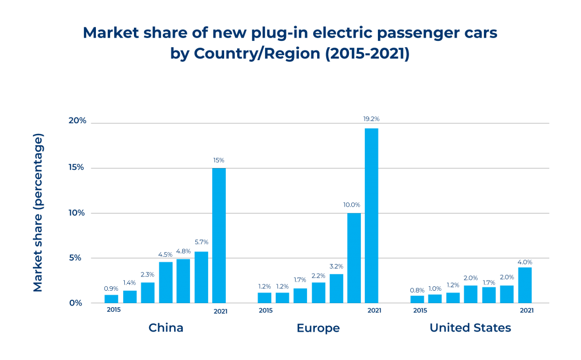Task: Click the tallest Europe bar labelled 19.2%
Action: pos(371,216)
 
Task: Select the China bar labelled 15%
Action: pos(218,236)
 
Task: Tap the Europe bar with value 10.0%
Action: pos(354,258)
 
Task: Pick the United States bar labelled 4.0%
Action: pos(525,285)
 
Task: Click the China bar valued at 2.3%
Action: pos(148,292)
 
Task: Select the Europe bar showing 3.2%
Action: pos(336,288)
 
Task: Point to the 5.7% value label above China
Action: pos(201,242)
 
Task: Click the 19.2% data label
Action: pos(371,119)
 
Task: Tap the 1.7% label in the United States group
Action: pos(489,278)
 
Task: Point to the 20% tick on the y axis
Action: pos(77,120)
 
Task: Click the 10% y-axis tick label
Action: pos(77,212)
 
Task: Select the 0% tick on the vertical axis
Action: pos(77,303)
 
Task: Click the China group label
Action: pos(166,328)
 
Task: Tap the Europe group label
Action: pos(318,328)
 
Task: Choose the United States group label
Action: pos(470,328)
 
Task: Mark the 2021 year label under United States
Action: pos(526,311)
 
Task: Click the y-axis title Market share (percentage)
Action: pos(38,213)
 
